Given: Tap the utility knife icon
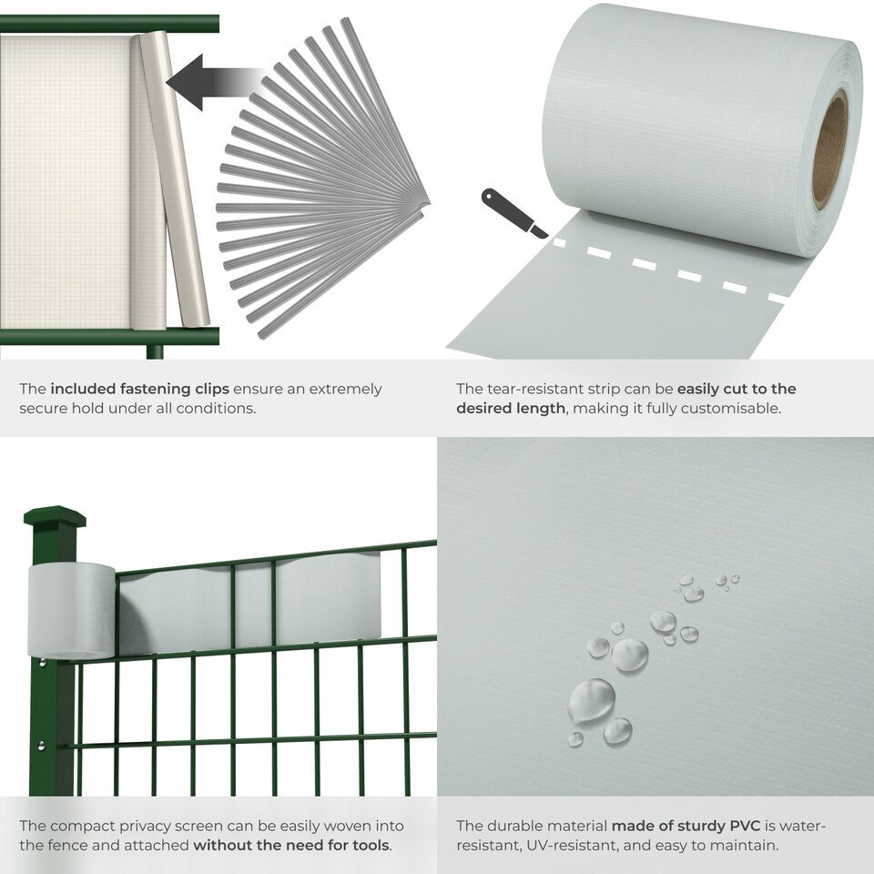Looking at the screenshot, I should coord(513,212).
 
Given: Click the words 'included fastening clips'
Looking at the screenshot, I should coord(139,389).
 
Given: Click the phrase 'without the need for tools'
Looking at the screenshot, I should coord(290,846).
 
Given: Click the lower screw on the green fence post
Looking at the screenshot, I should coord(41,746).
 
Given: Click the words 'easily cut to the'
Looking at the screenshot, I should coord(737,389).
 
